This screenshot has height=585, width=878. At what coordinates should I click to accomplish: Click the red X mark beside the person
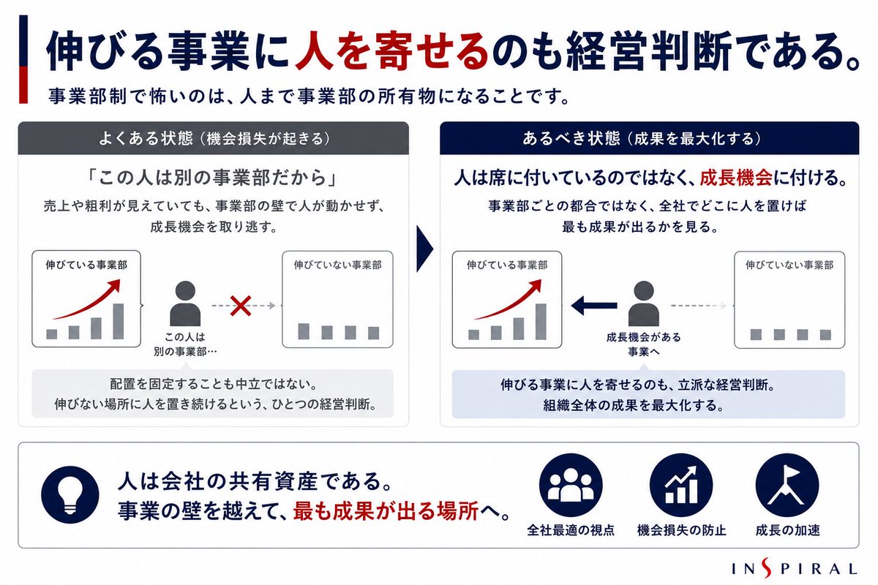click(x=241, y=306)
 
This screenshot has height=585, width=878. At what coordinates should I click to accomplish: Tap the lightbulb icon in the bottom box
click(x=70, y=494)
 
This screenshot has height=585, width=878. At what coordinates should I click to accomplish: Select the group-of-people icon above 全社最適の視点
click(x=571, y=485)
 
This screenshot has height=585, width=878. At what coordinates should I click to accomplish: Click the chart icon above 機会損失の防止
click(x=681, y=485)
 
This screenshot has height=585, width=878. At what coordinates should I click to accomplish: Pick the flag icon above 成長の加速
click(x=787, y=485)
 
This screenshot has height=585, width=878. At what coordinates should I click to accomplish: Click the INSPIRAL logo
click(x=795, y=568)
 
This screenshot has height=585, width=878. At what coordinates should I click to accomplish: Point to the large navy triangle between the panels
click(x=424, y=249)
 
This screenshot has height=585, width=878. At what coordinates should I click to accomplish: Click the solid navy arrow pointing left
click(x=594, y=306)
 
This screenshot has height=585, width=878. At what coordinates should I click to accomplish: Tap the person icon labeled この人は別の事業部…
click(x=185, y=303)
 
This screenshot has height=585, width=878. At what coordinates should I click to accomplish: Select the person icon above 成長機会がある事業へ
click(x=644, y=303)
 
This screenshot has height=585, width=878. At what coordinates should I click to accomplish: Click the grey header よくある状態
click(x=213, y=138)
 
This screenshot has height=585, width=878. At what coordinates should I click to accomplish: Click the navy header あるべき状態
click(x=650, y=138)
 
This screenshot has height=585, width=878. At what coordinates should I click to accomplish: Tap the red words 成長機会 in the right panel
click(x=736, y=178)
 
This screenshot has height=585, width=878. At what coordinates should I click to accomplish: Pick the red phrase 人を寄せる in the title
click(x=392, y=52)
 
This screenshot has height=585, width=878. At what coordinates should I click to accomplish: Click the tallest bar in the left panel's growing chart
click(x=119, y=321)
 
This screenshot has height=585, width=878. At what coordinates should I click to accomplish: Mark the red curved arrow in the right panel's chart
click(x=508, y=299)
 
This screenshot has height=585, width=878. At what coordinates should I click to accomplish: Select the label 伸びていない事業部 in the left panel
click(x=337, y=265)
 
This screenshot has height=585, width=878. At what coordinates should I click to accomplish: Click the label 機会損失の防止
click(x=682, y=530)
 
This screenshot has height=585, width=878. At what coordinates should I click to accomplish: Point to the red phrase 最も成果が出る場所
click(x=386, y=511)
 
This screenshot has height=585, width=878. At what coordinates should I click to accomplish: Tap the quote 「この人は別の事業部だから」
click(x=212, y=178)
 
